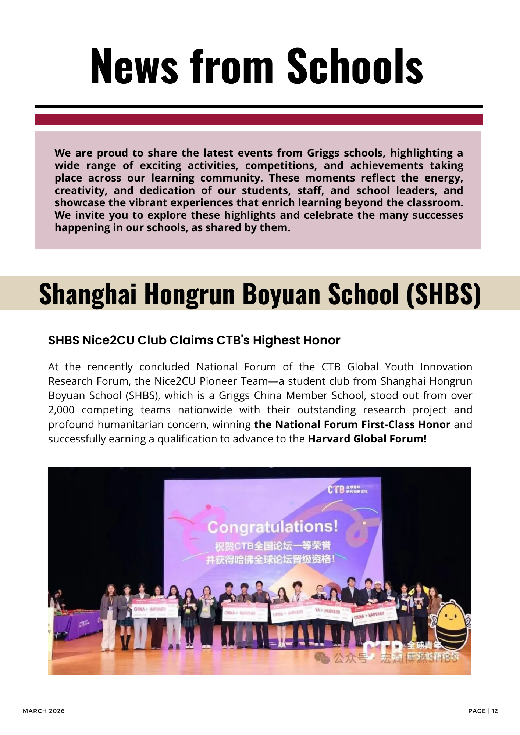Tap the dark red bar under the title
click(x=259, y=119)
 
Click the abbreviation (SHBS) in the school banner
click(x=444, y=294)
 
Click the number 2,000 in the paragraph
click(x=61, y=410)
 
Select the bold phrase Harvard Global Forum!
click(x=367, y=439)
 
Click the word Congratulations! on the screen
click(x=272, y=527)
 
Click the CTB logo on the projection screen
click(x=336, y=490)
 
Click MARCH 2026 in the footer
click(x=44, y=711)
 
